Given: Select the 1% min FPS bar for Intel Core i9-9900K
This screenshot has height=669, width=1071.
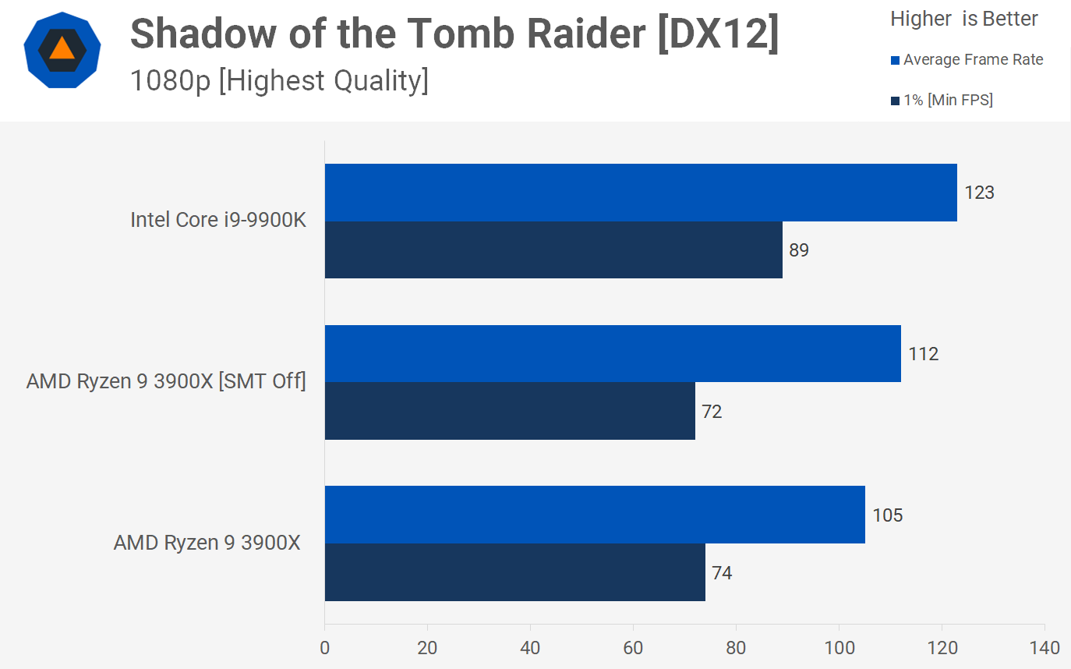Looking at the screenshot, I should (553, 250).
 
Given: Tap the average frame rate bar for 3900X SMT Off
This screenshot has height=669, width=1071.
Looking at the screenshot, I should (613, 354).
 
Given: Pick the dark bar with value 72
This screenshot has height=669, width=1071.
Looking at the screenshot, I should (510, 411).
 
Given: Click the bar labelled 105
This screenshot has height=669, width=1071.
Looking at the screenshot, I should (595, 515).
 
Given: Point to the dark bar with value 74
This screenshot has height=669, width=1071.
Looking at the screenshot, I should (514, 572).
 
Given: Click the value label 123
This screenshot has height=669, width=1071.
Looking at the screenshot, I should (979, 193).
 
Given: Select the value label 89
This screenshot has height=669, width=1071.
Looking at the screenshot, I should (799, 250).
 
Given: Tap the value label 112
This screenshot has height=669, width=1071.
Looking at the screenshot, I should (923, 354).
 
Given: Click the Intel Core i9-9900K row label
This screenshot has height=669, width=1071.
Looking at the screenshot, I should (218, 221).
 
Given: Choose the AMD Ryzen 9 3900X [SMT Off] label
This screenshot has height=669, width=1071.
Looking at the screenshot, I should (166, 382).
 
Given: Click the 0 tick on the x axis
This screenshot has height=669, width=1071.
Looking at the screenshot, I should (324, 648).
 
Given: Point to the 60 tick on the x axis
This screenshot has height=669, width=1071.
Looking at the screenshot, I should (633, 648).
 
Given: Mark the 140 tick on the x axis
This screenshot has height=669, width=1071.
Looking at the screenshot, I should (1044, 648).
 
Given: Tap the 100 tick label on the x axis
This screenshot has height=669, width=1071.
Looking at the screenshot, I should (839, 648).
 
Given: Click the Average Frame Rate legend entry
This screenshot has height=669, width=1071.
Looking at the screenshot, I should (973, 60).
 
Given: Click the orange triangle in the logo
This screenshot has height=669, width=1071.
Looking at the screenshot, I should (62, 49).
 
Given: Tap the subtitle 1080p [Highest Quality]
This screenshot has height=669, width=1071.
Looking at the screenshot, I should (279, 80).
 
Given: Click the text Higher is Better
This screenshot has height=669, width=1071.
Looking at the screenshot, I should (964, 19).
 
